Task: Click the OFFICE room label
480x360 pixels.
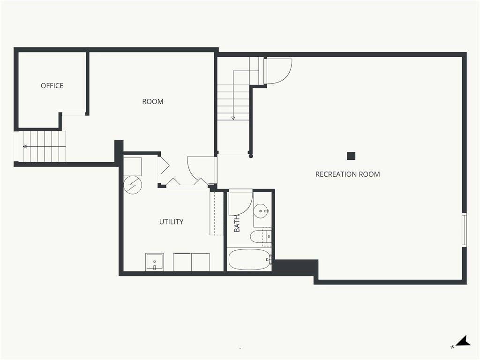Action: click(x=52, y=86)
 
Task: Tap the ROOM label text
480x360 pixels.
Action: click(x=153, y=102)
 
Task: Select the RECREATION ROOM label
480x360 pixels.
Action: click(x=347, y=174)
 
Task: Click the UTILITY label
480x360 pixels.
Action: click(x=171, y=222)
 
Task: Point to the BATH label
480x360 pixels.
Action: click(x=237, y=224)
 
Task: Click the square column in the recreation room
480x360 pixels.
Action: click(x=351, y=156)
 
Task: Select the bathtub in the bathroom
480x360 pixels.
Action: click(x=249, y=259)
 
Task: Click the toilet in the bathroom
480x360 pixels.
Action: click(x=261, y=237)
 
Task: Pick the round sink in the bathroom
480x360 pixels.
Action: click(x=261, y=210)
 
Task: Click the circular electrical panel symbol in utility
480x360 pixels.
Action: click(x=133, y=185)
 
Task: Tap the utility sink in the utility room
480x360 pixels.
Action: click(x=155, y=262)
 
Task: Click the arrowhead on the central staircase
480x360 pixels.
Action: click(x=233, y=118)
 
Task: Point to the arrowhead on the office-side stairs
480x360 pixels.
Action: click(x=25, y=147)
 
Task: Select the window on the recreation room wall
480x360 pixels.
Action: click(x=465, y=230)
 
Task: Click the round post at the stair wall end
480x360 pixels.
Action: click(x=251, y=156)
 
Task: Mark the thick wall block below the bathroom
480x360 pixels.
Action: click(x=295, y=268)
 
